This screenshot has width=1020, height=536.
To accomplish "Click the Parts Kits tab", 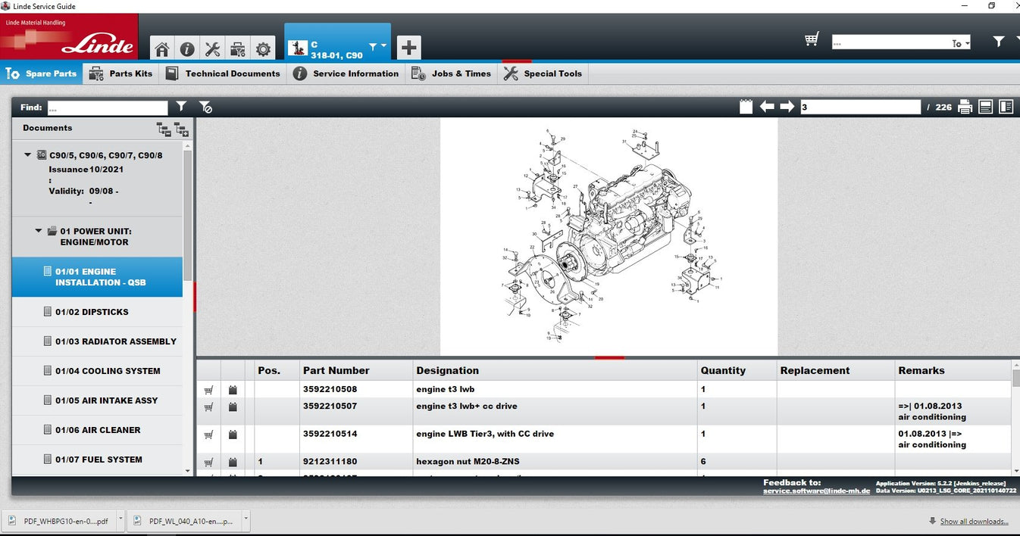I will tap(120, 73).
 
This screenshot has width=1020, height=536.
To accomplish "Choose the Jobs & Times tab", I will tap(452, 73).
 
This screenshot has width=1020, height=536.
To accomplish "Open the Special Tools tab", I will tap(543, 73).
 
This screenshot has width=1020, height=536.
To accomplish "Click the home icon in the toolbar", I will tap(162, 49).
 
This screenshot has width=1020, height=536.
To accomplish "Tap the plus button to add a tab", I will tap(408, 48).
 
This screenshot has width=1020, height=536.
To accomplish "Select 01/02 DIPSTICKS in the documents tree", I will tap(92, 312).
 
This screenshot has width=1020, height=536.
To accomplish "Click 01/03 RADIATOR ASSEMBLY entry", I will tap(115, 341).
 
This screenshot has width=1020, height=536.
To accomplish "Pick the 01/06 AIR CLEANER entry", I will tap(98, 430).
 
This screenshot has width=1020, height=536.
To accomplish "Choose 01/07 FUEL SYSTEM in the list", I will tap(99, 460).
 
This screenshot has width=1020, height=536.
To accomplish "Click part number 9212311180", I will tap(330, 462).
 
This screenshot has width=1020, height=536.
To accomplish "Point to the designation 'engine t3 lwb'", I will tap(445, 390).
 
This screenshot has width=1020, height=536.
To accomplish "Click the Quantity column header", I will tap(723, 371).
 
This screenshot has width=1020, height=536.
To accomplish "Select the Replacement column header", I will tap(815, 371).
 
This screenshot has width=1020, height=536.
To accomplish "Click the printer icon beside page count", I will tap(965, 107).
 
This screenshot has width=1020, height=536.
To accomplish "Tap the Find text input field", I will tap(108, 108).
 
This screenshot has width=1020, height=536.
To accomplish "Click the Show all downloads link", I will tap(974, 522).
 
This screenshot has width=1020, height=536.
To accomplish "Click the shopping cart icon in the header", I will tap(812, 39).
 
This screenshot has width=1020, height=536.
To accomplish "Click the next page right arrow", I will tap(787, 107).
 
